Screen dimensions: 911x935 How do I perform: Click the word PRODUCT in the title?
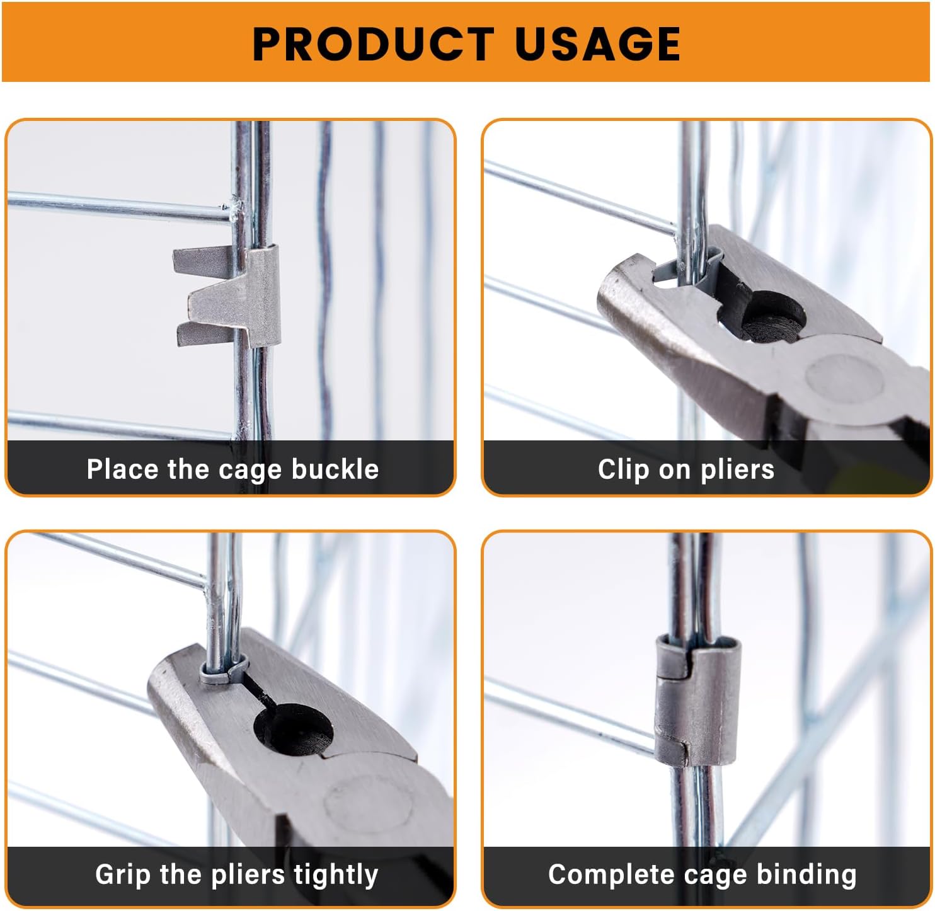click(372, 44)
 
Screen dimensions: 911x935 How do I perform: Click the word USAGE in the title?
click(597, 44)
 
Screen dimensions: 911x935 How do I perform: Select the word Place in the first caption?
click(122, 470)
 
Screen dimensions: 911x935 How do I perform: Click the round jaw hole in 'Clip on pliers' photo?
click(772, 316)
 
